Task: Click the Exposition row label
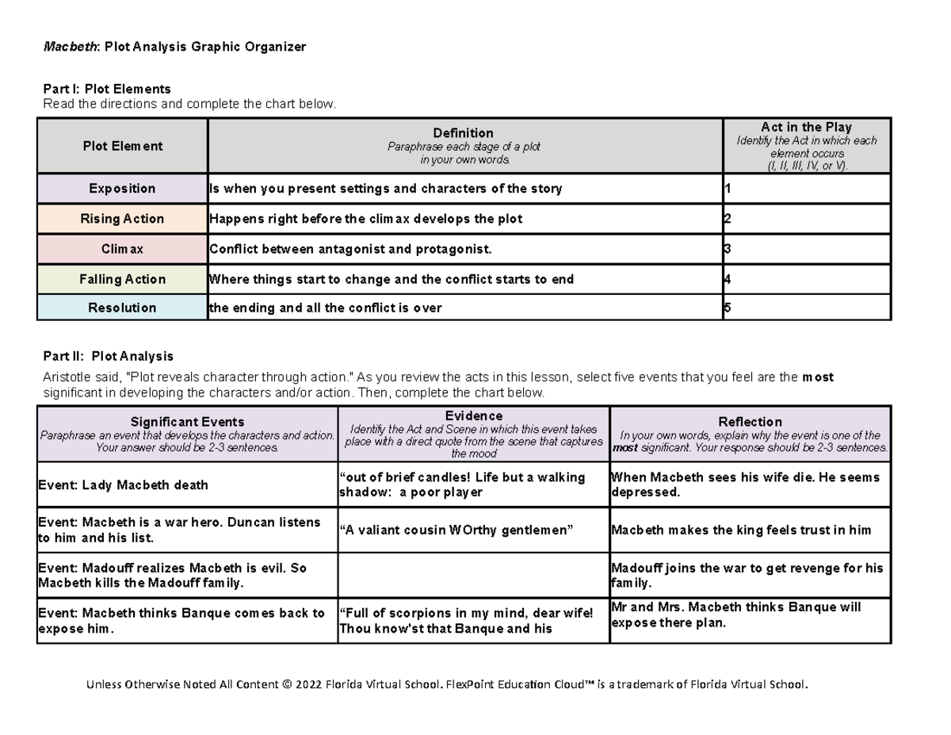(122, 189)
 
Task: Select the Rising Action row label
(122, 219)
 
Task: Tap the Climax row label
(122, 249)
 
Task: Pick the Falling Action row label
(122, 279)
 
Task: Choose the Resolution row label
(122, 308)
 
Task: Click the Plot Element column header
(122, 146)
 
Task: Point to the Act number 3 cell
(806, 249)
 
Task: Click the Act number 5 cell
(806, 308)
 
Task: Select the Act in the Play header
(806, 127)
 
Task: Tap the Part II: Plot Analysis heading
(108, 357)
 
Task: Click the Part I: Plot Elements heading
(106, 89)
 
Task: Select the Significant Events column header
(187, 422)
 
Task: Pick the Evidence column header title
(473, 416)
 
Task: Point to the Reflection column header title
(750, 422)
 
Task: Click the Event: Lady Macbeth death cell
(123, 485)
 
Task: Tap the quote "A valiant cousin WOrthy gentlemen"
(456, 530)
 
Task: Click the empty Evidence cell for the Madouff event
(473, 576)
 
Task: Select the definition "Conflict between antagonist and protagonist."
(350, 249)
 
